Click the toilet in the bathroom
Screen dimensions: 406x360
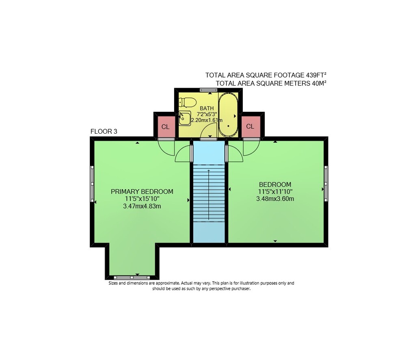[187, 102]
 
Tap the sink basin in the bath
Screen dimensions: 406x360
[185, 118]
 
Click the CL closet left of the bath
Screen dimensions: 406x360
[166, 127]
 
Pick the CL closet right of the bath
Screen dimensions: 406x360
[250, 126]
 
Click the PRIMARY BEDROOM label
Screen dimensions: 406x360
[142, 191]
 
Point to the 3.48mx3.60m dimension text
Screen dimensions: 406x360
[275, 199]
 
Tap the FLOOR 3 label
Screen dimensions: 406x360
[104, 131]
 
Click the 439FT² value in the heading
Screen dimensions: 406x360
[316, 75]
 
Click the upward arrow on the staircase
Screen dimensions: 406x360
[209, 194]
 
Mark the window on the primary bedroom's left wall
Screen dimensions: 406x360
[92, 184]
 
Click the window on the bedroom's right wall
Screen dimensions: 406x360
[326, 184]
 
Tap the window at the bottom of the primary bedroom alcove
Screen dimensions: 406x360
[132, 278]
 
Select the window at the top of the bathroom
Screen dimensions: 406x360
[208, 90]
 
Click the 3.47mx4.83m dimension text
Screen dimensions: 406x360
[142, 206]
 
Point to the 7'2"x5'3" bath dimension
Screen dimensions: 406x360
[207, 114]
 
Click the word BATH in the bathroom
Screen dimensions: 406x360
[207, 108]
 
